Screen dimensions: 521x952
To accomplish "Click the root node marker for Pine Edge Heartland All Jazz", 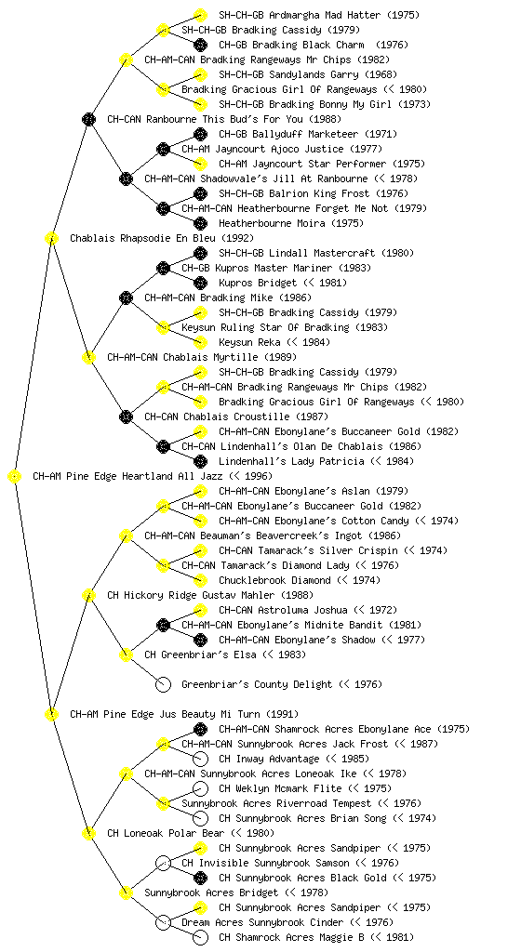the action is point(15,477).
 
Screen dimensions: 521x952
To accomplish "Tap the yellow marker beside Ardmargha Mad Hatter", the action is point(200,15).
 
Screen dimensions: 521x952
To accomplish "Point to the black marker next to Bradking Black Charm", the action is point(200,45).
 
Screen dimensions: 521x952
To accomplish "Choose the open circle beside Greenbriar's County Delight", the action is point(163,685).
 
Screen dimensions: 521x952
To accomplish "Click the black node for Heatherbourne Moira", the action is point(200,223).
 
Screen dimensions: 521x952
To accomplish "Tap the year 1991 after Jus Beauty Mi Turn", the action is point(283,715).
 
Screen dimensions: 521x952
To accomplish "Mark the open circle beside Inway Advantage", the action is point(200,759).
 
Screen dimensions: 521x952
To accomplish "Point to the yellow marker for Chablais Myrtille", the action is point(88,358).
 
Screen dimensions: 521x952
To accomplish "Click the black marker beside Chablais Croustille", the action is point(126,417).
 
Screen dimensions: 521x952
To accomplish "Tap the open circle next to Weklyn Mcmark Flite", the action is point(200,788).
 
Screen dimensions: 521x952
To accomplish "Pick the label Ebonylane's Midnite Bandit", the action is point(309,626).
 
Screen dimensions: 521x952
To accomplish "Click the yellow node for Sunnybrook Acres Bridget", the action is point(126,893).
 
